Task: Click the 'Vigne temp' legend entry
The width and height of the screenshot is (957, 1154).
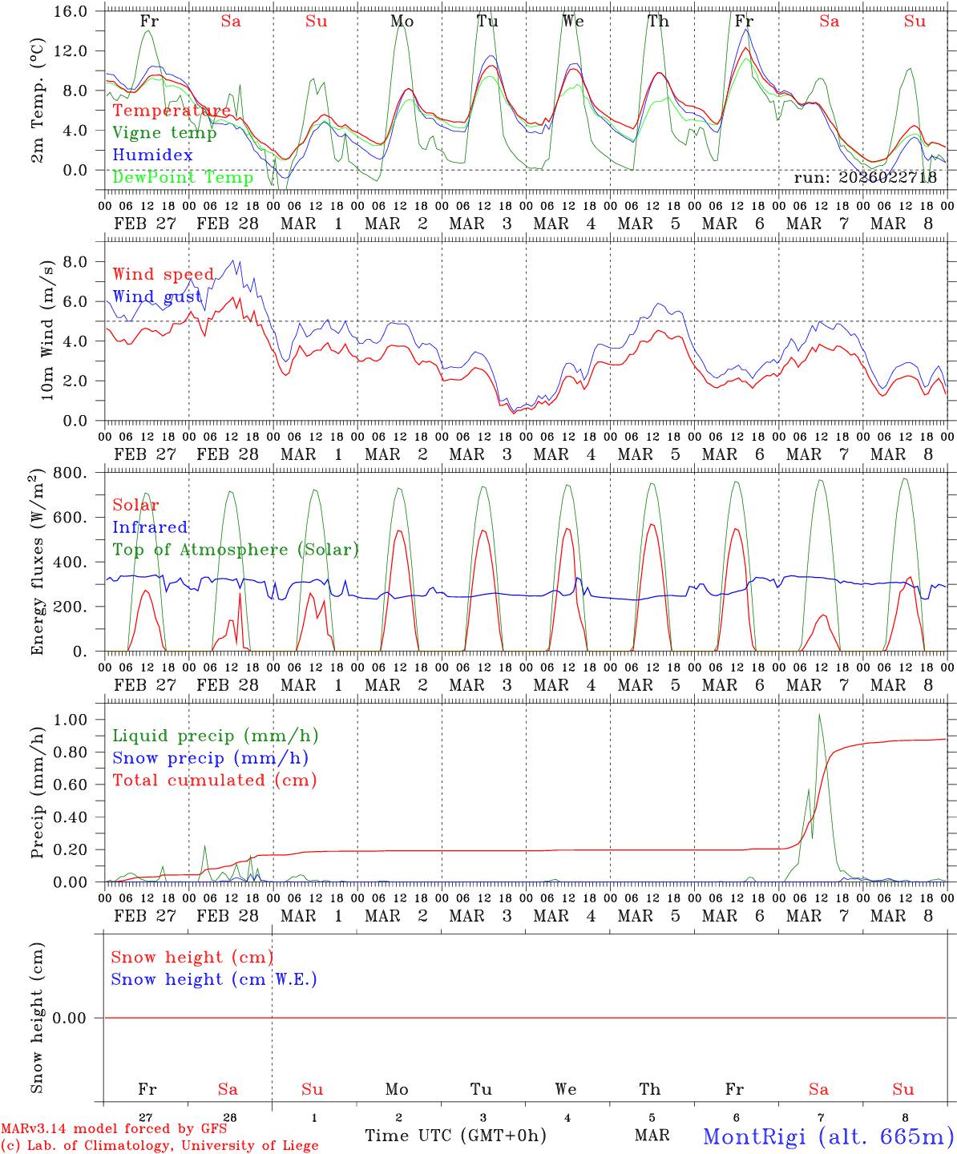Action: click(164, 133)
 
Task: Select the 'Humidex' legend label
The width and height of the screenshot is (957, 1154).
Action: click(152, 155)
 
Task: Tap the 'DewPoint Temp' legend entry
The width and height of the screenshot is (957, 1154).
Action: click(183, 177)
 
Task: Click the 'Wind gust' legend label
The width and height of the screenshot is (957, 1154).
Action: click(157, 297)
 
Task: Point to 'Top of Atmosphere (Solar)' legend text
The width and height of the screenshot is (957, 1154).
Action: click(236, 550)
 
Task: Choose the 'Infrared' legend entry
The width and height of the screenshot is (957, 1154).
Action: click(150, 527)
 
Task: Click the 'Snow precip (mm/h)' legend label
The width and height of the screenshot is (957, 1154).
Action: click(210, 758)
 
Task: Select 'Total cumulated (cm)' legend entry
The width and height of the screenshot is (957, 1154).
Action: click(214, 780)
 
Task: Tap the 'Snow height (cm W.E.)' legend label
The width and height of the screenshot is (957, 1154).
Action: click(214, 979)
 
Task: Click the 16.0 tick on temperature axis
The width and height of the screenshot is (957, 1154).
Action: click(74, 11)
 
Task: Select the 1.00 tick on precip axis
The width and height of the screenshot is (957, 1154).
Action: click(72, 720)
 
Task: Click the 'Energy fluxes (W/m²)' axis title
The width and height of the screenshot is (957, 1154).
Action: click(37, 564)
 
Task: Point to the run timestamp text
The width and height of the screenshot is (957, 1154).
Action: click(865, 178)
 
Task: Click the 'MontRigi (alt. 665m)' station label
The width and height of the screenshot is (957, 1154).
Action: click(828, 1136)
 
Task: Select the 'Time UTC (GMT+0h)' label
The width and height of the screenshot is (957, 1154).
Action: click(455, 1136)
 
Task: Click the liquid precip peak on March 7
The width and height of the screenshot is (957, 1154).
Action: click(819, 715)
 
